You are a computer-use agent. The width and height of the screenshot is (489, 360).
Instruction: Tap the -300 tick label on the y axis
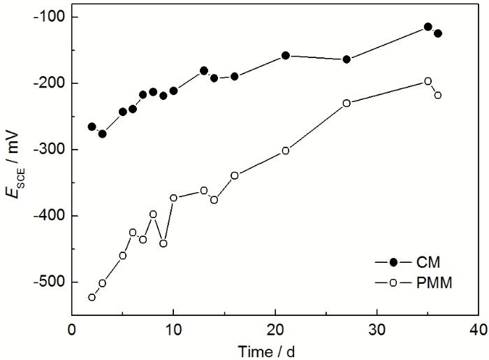[x=48, y=150]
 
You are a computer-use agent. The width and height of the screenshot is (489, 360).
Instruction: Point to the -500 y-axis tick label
[x=48, y=282]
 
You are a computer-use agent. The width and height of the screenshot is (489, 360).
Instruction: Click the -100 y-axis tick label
[x=48, y=17]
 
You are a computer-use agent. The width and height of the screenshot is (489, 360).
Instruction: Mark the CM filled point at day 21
[x=285, y=55]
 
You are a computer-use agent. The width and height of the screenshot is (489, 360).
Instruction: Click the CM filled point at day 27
[x=346, y=59]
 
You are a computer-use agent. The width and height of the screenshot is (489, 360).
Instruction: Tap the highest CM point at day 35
[x=428, y=27]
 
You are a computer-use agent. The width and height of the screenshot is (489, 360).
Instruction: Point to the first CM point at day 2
[x=92, y=127]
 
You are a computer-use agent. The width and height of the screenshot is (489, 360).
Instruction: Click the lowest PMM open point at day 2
[x=92, y=297]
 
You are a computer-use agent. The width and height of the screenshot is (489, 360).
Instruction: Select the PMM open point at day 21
[x=285, y=150]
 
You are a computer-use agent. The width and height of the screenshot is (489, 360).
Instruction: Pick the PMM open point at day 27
[x=346, y=103]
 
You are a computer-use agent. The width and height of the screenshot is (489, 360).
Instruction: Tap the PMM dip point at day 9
[x=163, y=243]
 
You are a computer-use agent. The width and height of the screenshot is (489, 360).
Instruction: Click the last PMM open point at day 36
[x=438, y=95]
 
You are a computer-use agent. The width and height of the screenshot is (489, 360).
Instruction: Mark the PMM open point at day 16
[x=235, y=175]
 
